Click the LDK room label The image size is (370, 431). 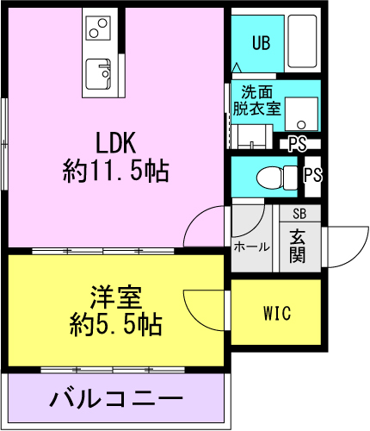tap(115, 143)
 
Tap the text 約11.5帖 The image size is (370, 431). tap(116, 172)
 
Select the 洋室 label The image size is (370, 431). tap(116, 297)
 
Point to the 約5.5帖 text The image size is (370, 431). tap(116, 325)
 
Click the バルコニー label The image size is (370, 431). tap(116, 398)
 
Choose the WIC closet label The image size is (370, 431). tap(277, 313)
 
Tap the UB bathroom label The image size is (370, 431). tap(261, 43)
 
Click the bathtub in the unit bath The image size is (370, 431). tap(302, 41)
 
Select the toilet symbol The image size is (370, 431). tap(276, 178)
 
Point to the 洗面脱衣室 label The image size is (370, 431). tap(256, 100)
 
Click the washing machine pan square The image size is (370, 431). tap(301, 114)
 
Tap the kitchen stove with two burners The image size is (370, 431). tap(98, 28)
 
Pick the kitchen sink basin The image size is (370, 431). tap(98, 74)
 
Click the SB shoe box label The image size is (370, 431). tap(299, 214)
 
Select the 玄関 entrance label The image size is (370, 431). tap(298, 247)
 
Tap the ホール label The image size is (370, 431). tap(252, 247)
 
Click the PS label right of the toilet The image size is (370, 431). tap(312, 175)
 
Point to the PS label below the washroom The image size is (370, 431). tap(298, 144)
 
